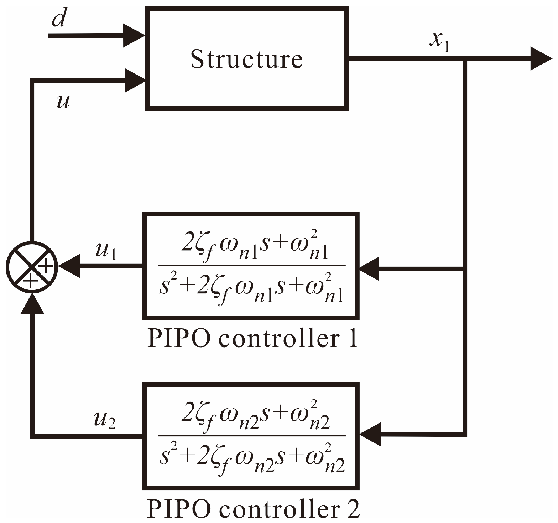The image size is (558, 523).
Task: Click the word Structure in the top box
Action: pos(246,59)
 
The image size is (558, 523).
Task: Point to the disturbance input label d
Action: pos(59,19)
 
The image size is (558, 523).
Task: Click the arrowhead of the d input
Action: pos(134,35)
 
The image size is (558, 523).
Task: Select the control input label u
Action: pos(63,102)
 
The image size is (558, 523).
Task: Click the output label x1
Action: pos(439,42)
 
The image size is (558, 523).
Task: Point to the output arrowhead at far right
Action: pos(541,59)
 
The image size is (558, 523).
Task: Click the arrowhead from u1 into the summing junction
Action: pos(69,266)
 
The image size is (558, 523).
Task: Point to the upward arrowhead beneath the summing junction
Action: pos(32,305)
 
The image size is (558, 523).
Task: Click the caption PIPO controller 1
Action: pos(252,339)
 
